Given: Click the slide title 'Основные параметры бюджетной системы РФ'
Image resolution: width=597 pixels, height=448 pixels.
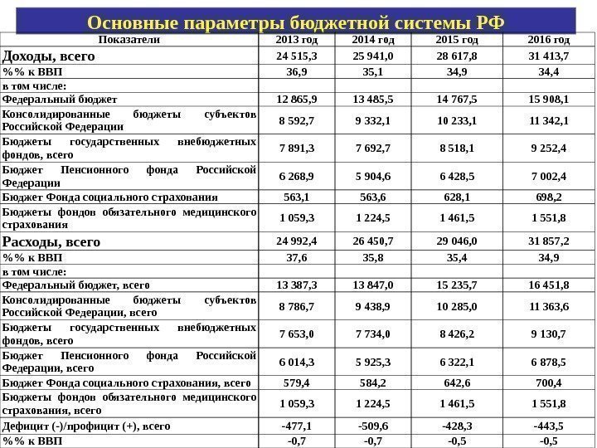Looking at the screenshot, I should coord(294,21).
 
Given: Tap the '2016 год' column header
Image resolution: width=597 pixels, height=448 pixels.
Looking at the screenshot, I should coord(548,40).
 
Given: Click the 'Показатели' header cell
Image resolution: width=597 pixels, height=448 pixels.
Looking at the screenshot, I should coord(130,40).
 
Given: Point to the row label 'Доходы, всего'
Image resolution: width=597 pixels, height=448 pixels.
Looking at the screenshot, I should coord(50,56).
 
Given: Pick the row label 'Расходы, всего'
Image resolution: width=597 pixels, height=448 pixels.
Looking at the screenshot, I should coord(52,242).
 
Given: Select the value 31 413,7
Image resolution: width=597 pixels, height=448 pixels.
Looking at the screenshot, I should coord(548,56).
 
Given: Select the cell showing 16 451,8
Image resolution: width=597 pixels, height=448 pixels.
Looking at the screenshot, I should coord(548,285).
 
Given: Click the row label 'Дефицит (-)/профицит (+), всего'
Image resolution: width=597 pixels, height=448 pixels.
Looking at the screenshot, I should coord(87,426).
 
